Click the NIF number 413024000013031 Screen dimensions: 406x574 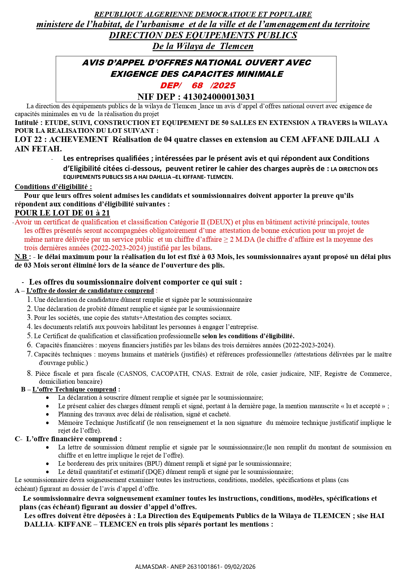point(219,97)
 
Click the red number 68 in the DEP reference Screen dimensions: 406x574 point(197,86)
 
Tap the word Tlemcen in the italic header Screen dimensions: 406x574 point(237,46)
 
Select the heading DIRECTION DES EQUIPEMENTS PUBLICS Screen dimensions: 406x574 point(203,35)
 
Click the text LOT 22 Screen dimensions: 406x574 point(28,140)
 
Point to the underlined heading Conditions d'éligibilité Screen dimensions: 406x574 point(53,187)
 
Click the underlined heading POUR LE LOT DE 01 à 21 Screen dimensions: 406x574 point(62,213)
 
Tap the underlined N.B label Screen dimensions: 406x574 point(21,257)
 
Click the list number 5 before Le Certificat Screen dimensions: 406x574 point(29,336)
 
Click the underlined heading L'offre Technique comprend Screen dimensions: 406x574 point(74,389)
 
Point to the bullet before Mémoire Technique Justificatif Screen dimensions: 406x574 point(48,423)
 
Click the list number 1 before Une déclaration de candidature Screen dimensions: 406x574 point(29,300)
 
